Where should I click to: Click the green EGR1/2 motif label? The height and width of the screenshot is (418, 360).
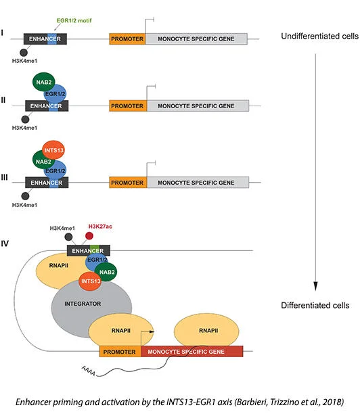point(74,20)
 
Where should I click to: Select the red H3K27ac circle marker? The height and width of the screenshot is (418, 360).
point(89,236)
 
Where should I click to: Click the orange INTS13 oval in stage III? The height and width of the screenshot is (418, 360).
point(53,150)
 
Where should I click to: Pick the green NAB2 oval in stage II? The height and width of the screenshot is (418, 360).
point(43,82)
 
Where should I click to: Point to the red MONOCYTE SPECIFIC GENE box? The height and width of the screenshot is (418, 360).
point(192,352)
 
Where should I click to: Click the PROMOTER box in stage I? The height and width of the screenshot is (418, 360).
point(127,39)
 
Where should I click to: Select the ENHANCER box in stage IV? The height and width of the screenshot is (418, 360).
point(88,250)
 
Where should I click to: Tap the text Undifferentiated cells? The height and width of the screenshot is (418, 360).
point(319,37)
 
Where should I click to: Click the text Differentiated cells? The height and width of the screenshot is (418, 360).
point(315,305)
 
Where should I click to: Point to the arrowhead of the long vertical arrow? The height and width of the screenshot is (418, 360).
point(315,286)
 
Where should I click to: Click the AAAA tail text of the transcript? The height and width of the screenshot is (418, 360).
point(88,371)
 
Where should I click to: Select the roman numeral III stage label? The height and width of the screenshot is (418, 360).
point(4,177)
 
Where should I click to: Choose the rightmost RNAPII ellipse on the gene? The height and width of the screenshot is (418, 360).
point(206,330)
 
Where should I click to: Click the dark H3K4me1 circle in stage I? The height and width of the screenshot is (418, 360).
point(24,53)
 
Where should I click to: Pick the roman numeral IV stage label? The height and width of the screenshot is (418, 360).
point(5,243)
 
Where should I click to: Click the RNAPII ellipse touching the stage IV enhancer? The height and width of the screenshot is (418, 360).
point(59,272)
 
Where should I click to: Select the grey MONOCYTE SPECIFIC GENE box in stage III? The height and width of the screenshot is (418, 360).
point(198,183)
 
